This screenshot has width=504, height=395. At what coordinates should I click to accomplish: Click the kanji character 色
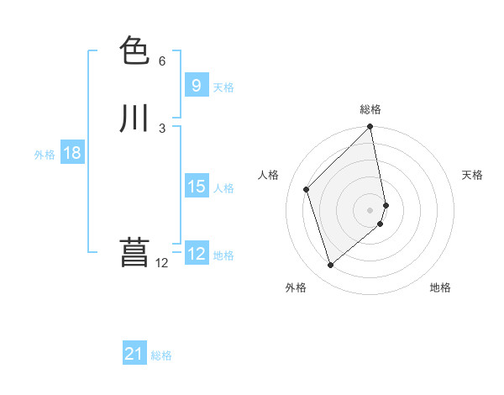(x=135, y=51)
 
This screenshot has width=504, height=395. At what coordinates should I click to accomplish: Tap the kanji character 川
(x=135, y=118)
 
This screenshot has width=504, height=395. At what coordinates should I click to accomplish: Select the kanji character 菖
(x=135, y=252)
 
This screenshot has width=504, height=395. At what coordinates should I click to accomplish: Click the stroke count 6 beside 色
(x=162, y=61)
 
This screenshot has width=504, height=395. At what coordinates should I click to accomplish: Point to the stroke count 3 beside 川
(x=162, y=128)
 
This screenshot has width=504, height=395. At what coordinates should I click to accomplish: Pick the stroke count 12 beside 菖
(x=162, y=262)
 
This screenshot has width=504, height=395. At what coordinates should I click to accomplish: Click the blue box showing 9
(x=196, y=85)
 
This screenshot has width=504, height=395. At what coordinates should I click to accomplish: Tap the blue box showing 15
(x=196, y=187)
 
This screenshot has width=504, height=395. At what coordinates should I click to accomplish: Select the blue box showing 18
(x=71, y=153)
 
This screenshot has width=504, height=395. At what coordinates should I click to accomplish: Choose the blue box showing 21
(x=134, y=354)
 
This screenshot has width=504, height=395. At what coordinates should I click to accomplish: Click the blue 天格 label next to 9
(x=223, y=87)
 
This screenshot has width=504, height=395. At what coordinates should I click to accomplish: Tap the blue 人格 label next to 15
(x=223, y=188)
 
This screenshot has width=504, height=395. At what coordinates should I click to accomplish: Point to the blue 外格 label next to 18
(x=45, y=155)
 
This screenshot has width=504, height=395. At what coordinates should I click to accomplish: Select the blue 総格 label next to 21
(x=161, y=355)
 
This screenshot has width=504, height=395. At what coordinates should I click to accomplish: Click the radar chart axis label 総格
(x=370, y=109)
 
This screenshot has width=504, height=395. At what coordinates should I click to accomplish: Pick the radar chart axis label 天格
(x=472, y=175)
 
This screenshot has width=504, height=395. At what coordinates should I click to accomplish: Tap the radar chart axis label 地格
(x=440, y=287)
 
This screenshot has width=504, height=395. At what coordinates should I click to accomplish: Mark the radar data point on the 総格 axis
(x=370, y=128)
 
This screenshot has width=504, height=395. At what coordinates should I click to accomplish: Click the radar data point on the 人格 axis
(x=307, y=189)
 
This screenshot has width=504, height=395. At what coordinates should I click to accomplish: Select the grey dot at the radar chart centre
(x=370, y=209)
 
